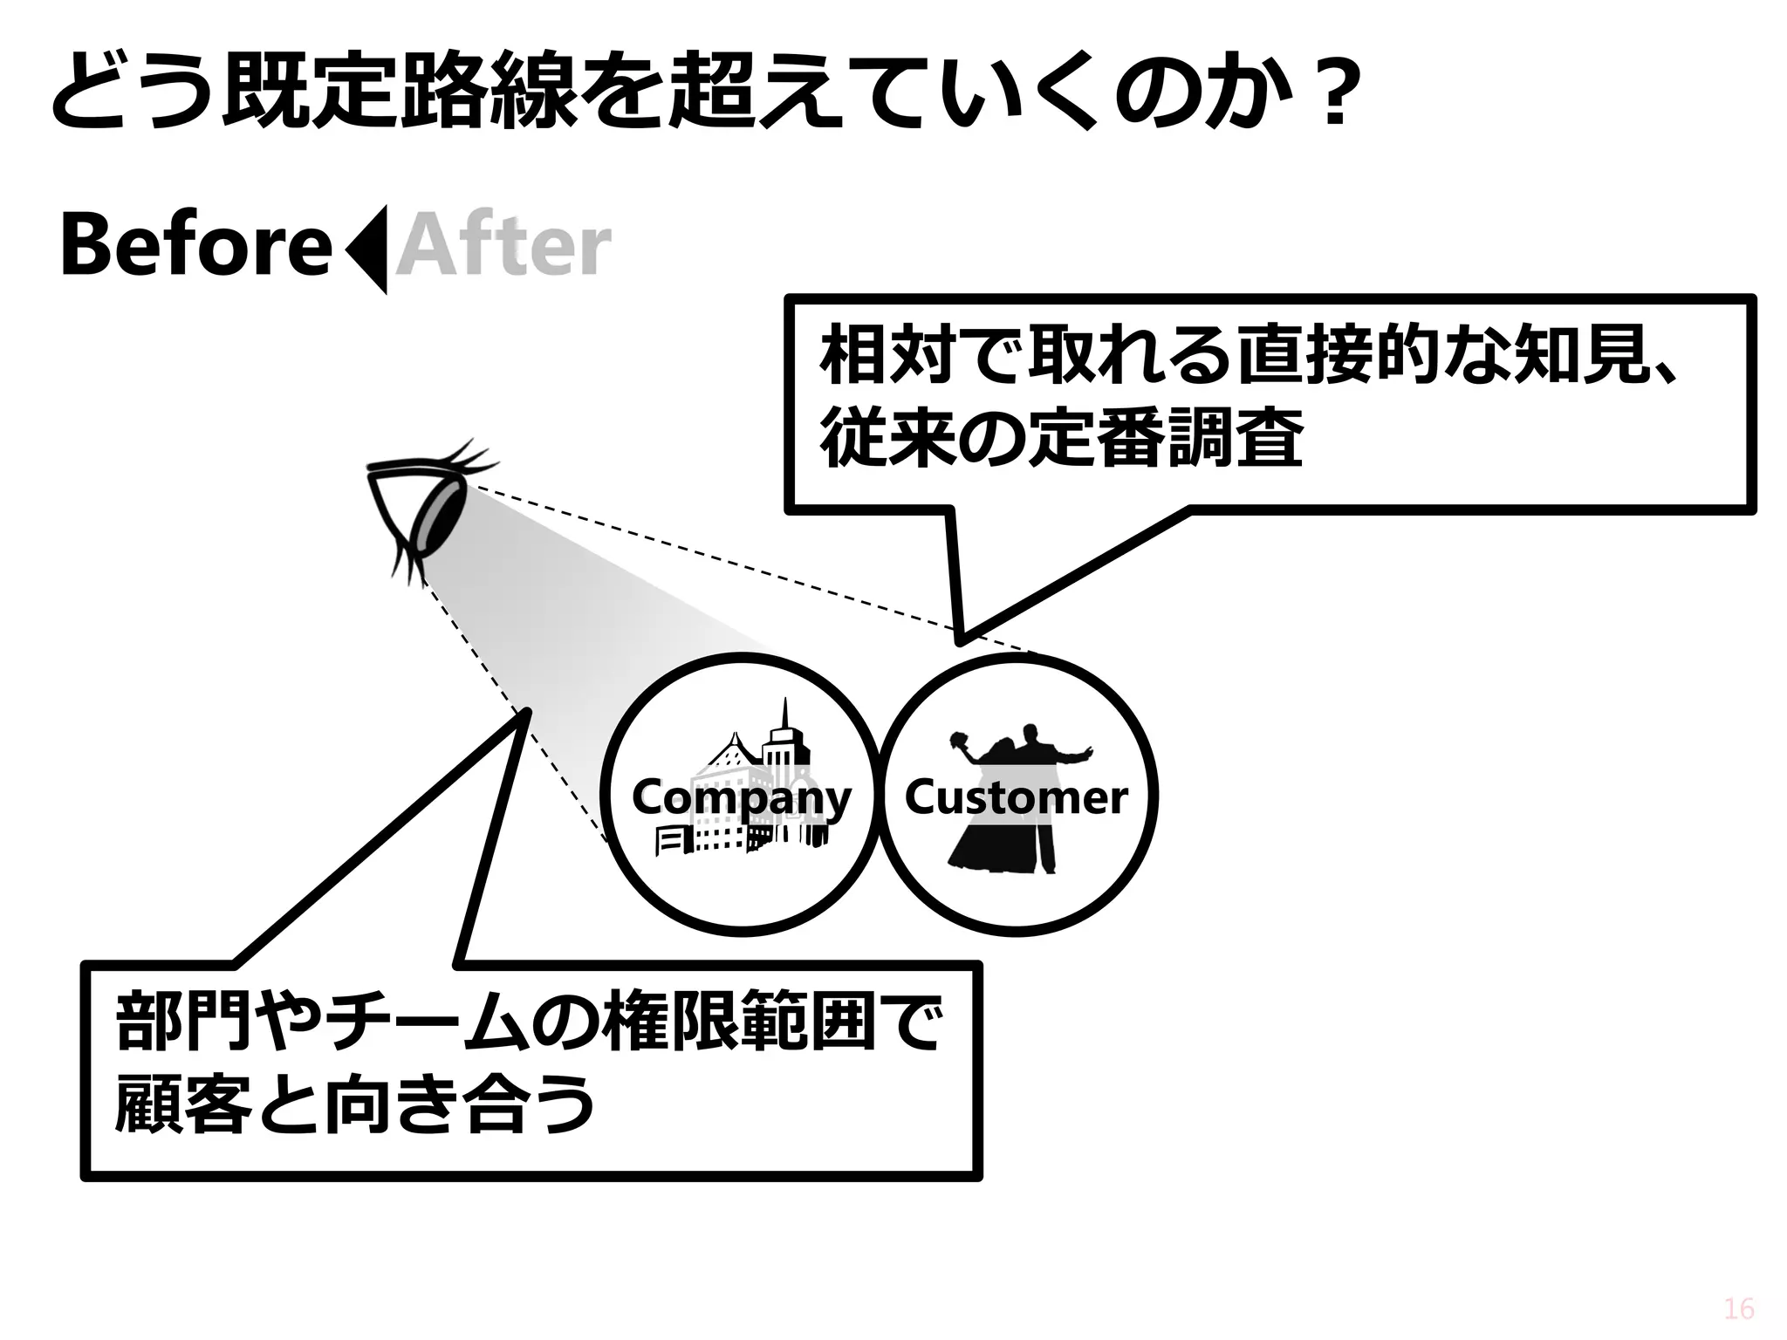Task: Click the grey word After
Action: coord(503,247)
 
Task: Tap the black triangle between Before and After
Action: coord(369,250)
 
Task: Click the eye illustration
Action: coord(428,515)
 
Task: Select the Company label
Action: coord(741,797)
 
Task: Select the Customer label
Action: coord(1016,797)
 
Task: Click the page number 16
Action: coord(1739,1309)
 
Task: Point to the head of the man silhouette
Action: coord(1032,735)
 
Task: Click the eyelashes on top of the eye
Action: coord(471,455)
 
